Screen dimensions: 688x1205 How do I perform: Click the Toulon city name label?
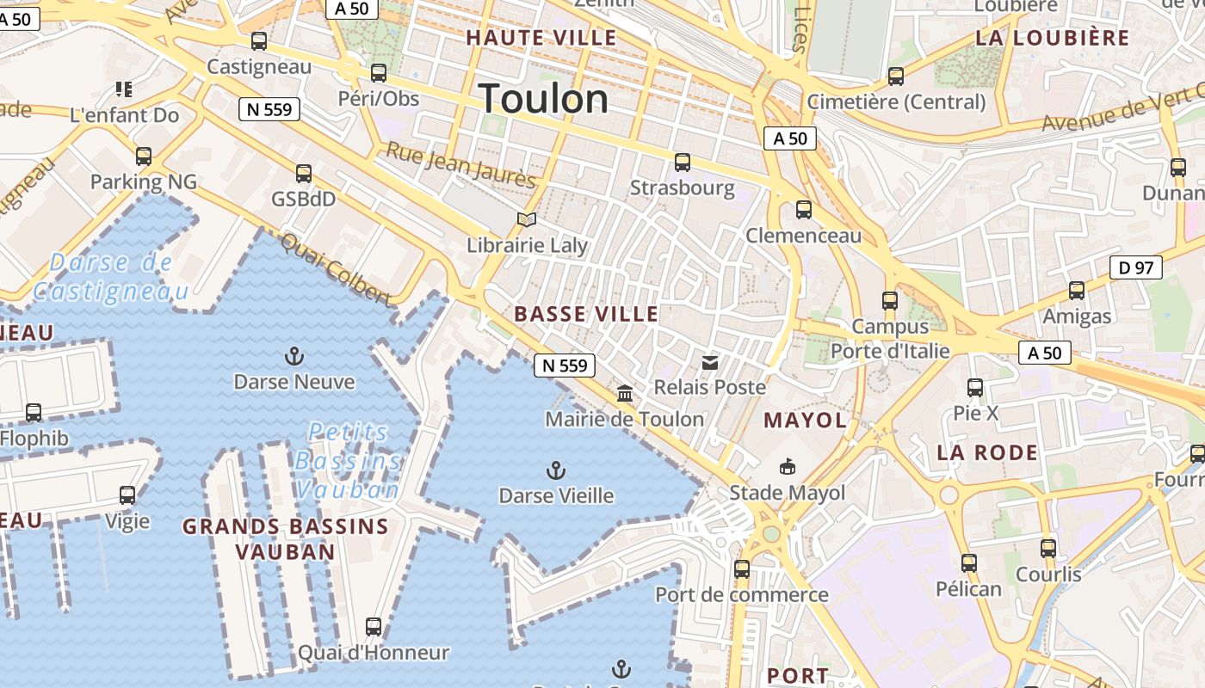[x=543, y=99]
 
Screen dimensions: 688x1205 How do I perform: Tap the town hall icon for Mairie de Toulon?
[x=625, y=394]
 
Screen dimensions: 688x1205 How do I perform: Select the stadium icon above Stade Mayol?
[x=786, y=467]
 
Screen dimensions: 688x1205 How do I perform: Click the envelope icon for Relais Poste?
[x=709, y=363]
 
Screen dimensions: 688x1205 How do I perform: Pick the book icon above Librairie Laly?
[x=526, y=220]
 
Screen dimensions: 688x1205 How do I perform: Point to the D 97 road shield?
[x=1136, y=267]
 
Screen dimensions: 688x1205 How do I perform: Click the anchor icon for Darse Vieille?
[x=556, y=470]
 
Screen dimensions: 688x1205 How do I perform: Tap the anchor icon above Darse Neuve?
[x=294, y=356]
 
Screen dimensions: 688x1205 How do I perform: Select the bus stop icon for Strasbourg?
[x=683, y=162]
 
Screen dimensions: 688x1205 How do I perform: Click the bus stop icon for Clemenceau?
[x=803, y=209]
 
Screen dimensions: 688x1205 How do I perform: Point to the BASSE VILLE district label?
[x=586, y=315]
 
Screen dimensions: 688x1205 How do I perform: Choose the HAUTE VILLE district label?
[x=541, y=38]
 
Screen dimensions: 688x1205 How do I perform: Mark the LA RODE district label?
[x=987, y=452]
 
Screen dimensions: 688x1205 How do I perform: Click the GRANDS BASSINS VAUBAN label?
[x=285, y=539]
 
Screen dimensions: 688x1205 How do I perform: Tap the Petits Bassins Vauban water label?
[x=347, y=461]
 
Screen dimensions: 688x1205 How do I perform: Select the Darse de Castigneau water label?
[x=110, y=277]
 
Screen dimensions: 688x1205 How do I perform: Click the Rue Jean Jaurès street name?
[x=460, y=164]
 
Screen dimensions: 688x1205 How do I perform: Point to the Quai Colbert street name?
[x=336, y=269]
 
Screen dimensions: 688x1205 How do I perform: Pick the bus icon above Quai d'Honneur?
[x=373, y=627]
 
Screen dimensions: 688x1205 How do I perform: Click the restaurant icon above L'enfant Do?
[x=124, y=89]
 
